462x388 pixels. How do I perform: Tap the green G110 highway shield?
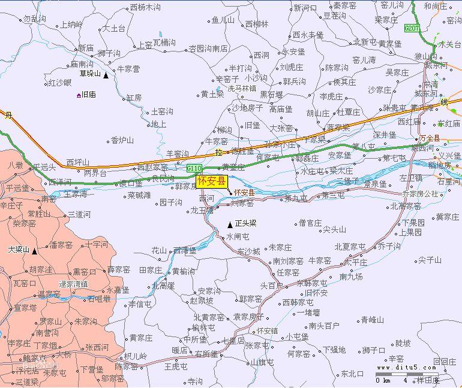click(194, 168)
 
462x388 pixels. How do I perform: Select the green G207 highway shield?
click(412, 28)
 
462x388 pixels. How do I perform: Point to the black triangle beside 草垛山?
click(106, 75)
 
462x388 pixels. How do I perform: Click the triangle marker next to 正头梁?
click(230, 225)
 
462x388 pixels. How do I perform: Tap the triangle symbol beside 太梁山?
click(34, 251)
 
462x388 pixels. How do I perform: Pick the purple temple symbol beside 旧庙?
click(79, 95)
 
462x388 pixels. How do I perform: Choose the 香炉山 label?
click(122, 140)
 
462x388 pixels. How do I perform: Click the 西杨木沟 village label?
click(145, 8)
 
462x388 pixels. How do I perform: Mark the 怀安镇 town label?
click(268, 331)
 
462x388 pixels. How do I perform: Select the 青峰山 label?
click(372, 320)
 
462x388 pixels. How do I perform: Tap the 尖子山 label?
click(430, 260)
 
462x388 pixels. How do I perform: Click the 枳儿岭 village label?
click(135, 356)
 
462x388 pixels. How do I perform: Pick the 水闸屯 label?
click(237, 237)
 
